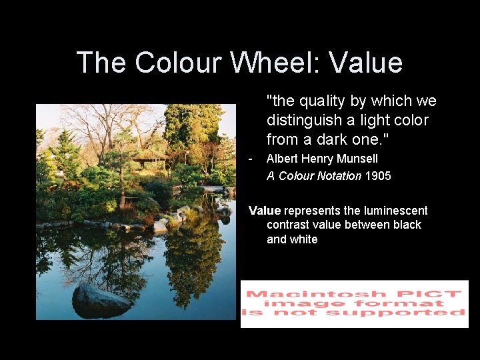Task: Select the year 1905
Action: [378, 177]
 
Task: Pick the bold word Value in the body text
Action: [265, 211]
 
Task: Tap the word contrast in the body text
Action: [289, 225]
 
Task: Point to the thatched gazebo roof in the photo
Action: [149, 155]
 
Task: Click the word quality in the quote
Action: [323, 101]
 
